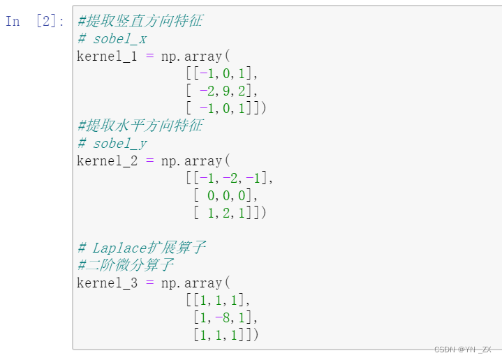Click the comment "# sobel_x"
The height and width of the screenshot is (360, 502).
(112, 38)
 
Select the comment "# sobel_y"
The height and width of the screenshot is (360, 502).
(112, 143)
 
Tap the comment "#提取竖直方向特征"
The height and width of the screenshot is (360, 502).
(140, 21)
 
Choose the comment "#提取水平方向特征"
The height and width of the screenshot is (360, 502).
(140, 126)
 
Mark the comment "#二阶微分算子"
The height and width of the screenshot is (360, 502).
(126, 266)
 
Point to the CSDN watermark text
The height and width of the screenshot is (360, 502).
(462, 350)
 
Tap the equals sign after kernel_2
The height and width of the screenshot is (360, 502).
(149, 160)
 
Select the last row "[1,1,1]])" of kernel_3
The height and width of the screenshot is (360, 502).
(226, 336)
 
